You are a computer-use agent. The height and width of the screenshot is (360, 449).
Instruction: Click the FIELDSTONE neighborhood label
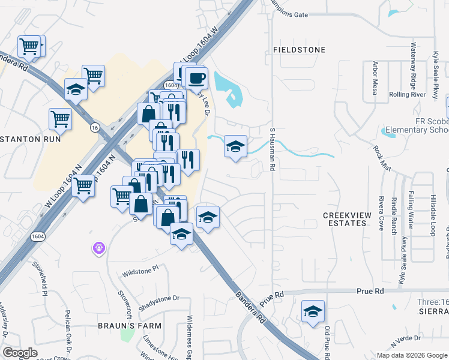pyautogui.click(x=299, y=50)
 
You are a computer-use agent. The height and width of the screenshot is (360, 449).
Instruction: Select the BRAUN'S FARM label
pyautogui.click(x=130, y=326)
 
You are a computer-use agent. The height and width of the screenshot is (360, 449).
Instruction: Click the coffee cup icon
pyautogui.click(x=196, y=77)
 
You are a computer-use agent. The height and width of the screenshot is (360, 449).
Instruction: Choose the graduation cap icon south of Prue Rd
pyautogui.click(x=312, y=311)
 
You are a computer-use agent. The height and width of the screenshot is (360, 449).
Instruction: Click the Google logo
pyautogui.click(x=20, y=353)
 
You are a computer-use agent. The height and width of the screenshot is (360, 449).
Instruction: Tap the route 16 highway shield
pyautogui.click(x=94, y=127)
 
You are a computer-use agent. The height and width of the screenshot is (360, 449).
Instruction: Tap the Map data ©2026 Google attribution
pyautogui.click(x=411, y=355)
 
